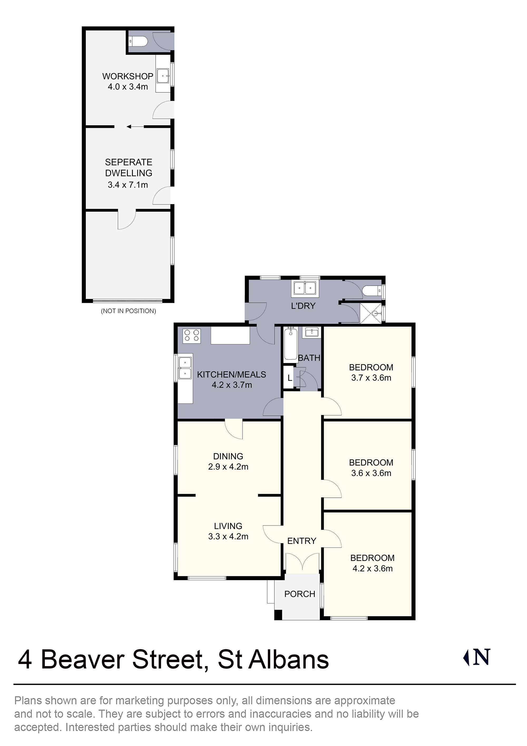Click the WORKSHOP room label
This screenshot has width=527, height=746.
pos(128,76)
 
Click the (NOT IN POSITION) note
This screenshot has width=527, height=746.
pos(128,311)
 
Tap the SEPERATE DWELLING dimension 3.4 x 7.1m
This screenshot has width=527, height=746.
pos(128,185)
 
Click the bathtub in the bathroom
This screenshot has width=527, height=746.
pos(290,345)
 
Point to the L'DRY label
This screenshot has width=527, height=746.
pos(303,306)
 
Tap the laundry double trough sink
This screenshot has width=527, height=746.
pos(305,288)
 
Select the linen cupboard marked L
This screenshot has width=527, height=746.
pos(289,378)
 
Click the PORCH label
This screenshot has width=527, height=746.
pos(300,594)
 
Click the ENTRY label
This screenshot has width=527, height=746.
pos(301,541)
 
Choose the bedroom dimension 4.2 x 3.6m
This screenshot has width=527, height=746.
pos(372,568)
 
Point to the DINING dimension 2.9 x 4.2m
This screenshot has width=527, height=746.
pos(228,467)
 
